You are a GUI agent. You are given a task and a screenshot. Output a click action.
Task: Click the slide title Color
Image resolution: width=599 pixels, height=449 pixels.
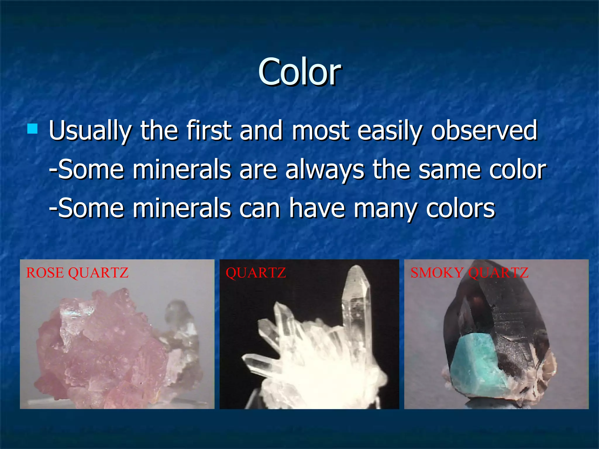click(299, 72)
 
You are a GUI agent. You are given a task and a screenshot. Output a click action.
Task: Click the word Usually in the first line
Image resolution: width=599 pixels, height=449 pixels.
click(90, 131)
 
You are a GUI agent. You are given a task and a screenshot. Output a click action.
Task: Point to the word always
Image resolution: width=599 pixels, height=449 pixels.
click(325, 170)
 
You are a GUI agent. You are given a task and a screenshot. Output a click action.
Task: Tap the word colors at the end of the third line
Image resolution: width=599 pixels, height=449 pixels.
click(460, 208)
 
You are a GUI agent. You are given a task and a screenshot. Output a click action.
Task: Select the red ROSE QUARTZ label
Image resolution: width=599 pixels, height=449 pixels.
click(77, 273)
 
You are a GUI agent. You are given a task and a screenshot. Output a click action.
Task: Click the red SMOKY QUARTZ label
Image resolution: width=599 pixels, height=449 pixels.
click(469, 273)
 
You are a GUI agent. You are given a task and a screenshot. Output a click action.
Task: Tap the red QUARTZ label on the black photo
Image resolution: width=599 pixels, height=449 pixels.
click(256, 273)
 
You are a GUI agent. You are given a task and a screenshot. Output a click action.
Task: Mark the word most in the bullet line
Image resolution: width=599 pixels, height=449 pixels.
click(321, 131)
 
